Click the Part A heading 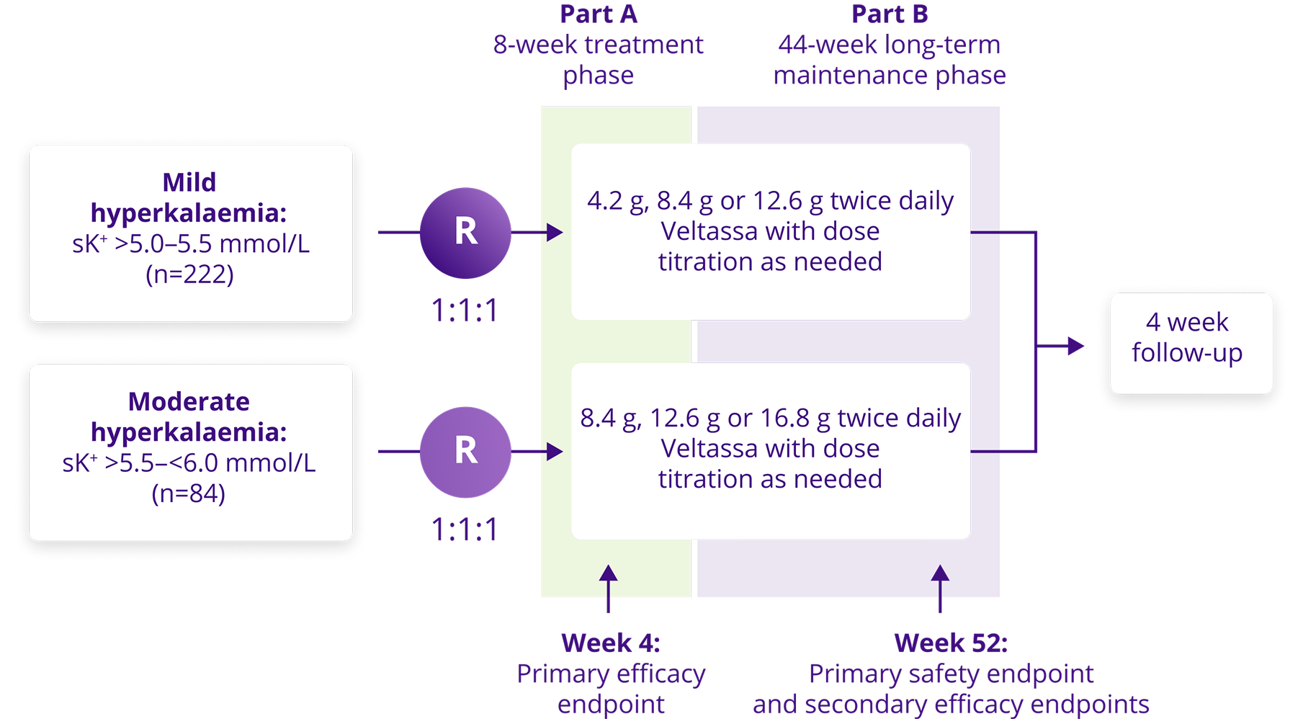[599, 14]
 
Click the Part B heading [890, 14]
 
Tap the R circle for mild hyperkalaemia [465, 233]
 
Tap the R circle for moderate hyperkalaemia [465, 452]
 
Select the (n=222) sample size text [189, 274]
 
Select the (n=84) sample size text [189, 494]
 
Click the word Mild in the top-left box [189, 182]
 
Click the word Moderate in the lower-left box [189, 401]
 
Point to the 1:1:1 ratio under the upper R [465, 311]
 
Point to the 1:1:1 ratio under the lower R [465, 530]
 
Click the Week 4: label [610, 643]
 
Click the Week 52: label [951, 643]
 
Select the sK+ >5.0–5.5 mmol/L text [191, 244]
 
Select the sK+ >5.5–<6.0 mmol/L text [189, 463]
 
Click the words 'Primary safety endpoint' [951, 674]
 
